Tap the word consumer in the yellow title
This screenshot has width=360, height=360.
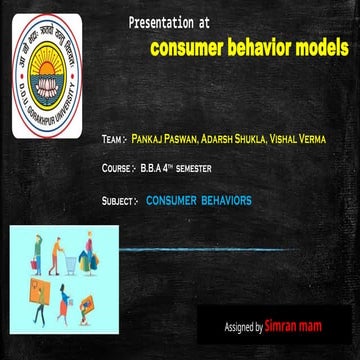pos(189,47)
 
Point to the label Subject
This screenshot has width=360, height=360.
pos(119,201)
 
